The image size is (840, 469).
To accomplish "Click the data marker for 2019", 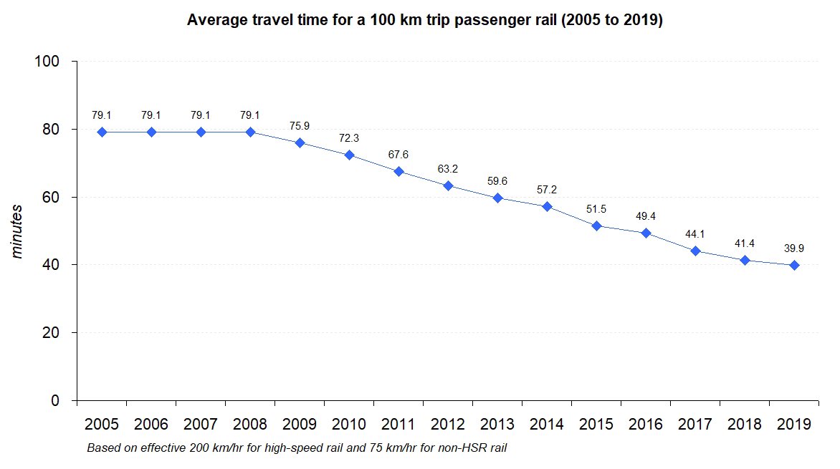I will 794,265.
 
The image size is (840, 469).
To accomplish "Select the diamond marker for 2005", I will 102,132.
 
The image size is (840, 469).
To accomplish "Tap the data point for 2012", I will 448,186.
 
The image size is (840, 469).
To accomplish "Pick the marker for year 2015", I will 596,226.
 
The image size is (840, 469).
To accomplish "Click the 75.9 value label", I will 300,126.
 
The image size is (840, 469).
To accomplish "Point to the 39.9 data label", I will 794,248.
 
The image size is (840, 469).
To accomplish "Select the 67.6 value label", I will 398,154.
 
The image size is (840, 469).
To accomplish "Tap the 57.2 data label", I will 547,190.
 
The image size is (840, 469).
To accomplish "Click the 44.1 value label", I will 695,234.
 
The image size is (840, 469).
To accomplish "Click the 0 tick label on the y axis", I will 63,401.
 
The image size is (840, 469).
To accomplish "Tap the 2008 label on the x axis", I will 250,425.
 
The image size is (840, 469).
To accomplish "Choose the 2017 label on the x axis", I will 695,425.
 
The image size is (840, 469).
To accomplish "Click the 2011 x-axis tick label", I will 398,425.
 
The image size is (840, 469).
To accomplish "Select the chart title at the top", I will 425,20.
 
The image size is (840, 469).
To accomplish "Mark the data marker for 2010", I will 349,155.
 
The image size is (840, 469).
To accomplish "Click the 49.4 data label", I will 646,216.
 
